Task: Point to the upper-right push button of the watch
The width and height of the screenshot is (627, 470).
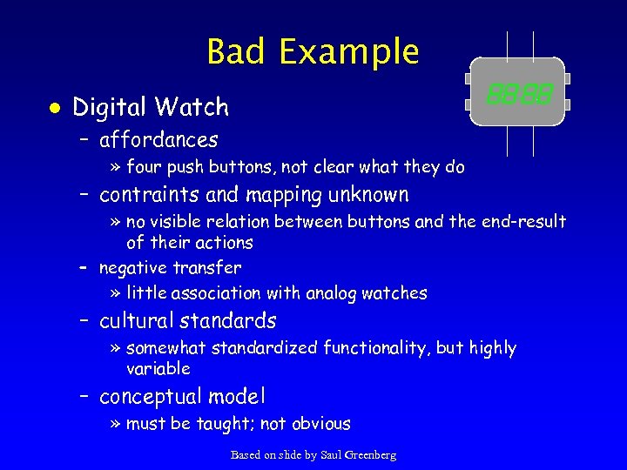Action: [x=567, y=78]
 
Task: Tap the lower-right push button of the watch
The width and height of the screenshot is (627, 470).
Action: [x=567, y=105]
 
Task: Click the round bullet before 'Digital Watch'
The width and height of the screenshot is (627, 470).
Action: [x=55, y=108]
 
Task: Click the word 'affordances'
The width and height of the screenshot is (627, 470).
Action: [x=158, y=139]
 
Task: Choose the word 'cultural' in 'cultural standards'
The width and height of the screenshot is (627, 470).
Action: [x=138, y=321]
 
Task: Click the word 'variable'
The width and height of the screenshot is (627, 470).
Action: [x=158, y=369]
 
